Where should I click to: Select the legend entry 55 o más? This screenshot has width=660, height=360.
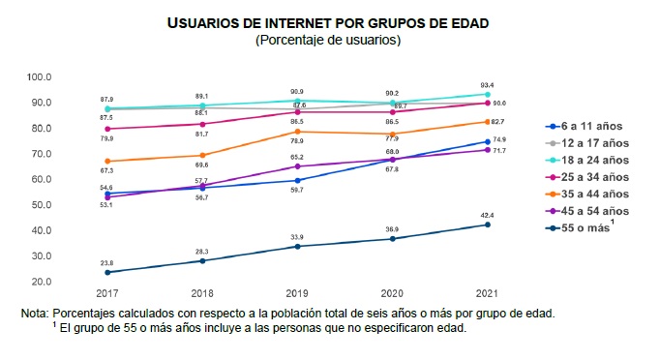coord(580,227)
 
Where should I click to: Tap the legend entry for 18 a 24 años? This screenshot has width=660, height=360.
coord(587,160)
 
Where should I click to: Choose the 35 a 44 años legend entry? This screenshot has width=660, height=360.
coord(587,194)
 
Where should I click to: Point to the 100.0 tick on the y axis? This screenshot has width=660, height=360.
coord(39,77)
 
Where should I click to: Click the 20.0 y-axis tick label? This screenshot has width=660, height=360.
coord(41,282)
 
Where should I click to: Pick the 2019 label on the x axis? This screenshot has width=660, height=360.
coord(297,293)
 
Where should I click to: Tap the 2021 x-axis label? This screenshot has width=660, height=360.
coord(487,293)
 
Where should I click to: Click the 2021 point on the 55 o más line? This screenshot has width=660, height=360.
coord(488,225)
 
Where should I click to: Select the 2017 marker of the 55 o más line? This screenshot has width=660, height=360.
coord(107,273)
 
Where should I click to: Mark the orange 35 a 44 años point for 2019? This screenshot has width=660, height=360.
coord(298,132)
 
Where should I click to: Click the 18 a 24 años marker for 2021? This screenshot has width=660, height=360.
coord(488,94)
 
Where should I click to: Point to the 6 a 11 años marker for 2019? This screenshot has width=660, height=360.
coord(298,181)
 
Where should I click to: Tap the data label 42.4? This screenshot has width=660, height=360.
coord(487,215)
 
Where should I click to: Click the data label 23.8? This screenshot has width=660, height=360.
coord(106,262)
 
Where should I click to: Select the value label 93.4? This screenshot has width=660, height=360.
coord(487,85)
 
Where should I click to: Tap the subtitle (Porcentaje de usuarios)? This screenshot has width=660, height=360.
coord(328,40)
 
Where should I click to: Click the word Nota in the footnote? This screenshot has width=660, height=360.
coord(35,314)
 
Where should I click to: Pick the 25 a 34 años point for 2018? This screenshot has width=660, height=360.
coord(202,124)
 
